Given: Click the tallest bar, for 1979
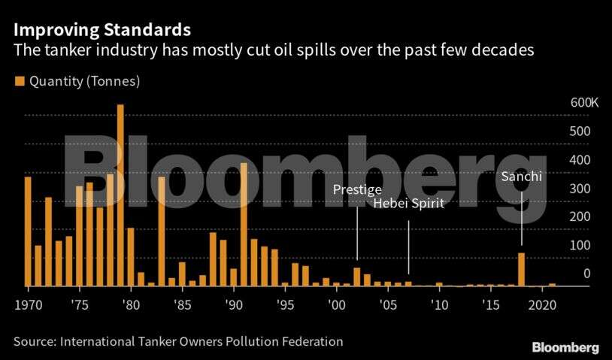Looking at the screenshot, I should tap(120, 195).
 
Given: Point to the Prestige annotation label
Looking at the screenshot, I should tap(357, 189).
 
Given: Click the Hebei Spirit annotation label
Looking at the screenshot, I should tap(409, 204).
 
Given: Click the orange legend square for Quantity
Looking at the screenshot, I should tap(18, 80).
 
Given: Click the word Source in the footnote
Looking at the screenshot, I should tap(34, 342).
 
